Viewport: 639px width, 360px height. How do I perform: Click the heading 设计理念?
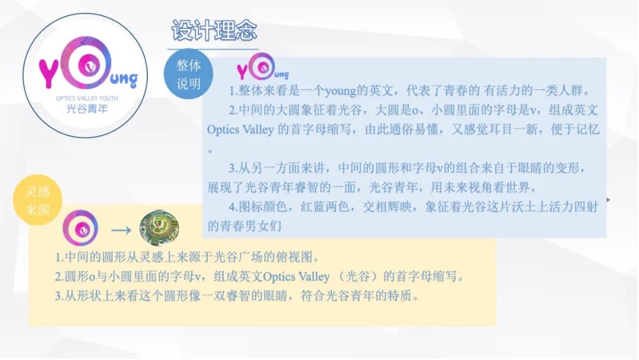[x=214, y=30]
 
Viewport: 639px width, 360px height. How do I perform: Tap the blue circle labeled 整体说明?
[x=188, y=74]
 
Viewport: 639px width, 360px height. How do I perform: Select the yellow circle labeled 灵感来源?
[x=37, y=200]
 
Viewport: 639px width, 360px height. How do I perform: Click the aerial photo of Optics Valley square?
[x=159, y=227]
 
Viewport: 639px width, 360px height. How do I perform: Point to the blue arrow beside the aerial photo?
[x=121, y=230]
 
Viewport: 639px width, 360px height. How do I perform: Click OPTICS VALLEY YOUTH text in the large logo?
[x=87, y=98]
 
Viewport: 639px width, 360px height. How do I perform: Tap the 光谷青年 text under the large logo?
[x=87, y=108]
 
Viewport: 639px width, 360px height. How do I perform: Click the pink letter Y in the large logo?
[x=49, y=73]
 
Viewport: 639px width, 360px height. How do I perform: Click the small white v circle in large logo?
[x=90, y=65]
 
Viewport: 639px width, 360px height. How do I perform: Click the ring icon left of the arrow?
[x=80, y=228]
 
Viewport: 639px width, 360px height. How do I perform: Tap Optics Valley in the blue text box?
[x=240, y=129]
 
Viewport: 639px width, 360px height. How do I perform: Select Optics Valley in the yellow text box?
[x=296, y=277]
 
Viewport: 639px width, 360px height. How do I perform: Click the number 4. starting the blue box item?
[x=233, y=207]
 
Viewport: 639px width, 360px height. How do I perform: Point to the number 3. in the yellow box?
[x=60, y=295]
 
